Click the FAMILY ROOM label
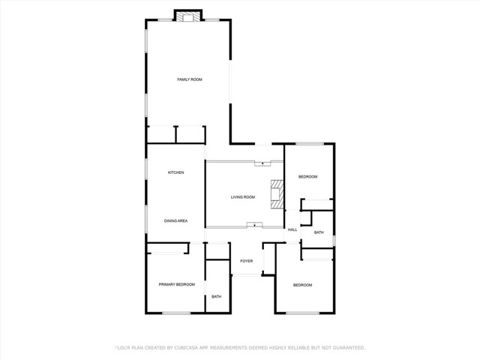point(189,79)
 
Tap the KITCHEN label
point(175,173)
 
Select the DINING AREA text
point(175,221)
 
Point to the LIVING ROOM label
point(243,197)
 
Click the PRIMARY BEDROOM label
point(177,285)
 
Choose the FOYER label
point(247,261)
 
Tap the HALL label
point(292,229)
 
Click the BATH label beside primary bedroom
point(217,297)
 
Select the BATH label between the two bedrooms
point(319,232)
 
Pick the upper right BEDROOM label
point(308,177)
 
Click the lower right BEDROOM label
point(302,285)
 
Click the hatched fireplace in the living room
point(277,193)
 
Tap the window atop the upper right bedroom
point(308,143)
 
